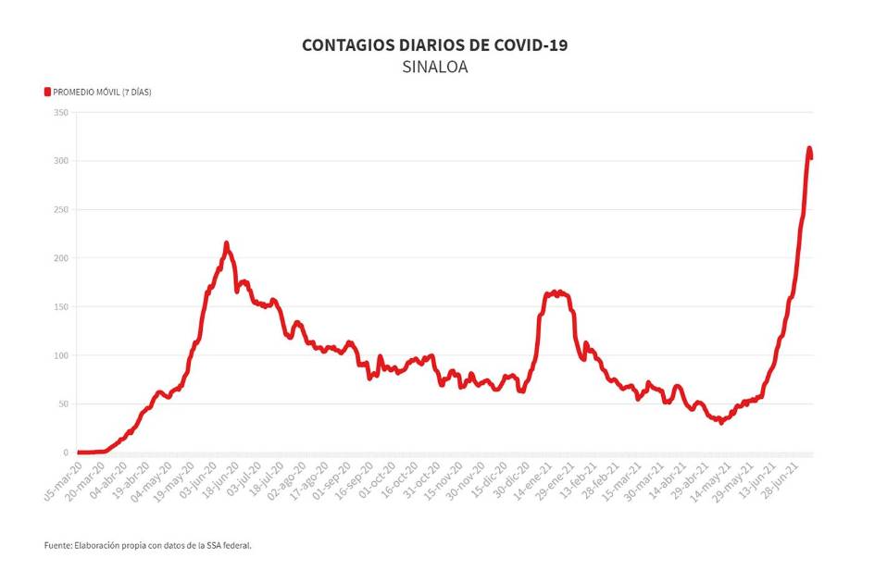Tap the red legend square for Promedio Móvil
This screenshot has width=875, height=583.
(x=47, y=92)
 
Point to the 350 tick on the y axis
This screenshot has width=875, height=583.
(x=61, y=113)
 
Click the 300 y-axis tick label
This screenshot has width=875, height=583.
(x=61, y=161)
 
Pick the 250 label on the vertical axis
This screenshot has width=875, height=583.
(x=61, y=210)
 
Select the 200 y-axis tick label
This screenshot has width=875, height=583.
(x=61, y=258)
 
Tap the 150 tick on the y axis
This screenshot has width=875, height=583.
(x=61, y=307)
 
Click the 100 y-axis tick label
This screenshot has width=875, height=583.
(x=61, y=355)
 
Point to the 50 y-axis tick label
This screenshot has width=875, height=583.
(x=63, y=404)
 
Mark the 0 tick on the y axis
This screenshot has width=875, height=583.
(x=66, y=453)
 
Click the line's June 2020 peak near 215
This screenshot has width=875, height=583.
(x=226, y=244)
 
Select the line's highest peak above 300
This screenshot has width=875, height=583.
(x=809, y=148)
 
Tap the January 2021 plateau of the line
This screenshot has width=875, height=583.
(x=556, y=293)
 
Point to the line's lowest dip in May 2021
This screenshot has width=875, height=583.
(x=720, y=422)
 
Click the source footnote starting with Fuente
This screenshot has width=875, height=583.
(x=147, y=545)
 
